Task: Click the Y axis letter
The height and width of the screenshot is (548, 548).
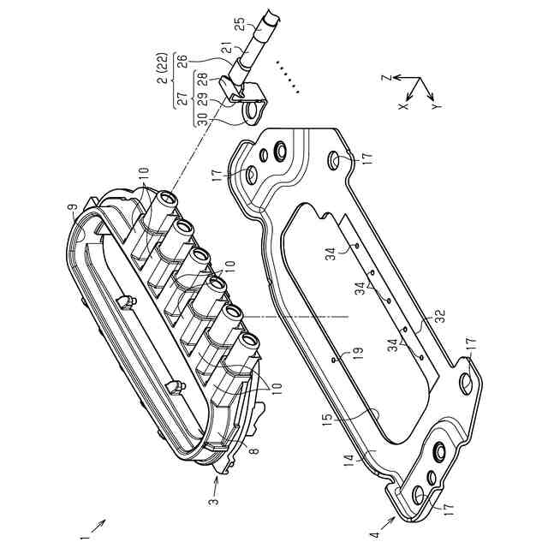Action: pyautogui.click(x=437, y=108)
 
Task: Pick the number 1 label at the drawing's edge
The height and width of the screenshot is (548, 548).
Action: pyautogui.click(x=84, y=540)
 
